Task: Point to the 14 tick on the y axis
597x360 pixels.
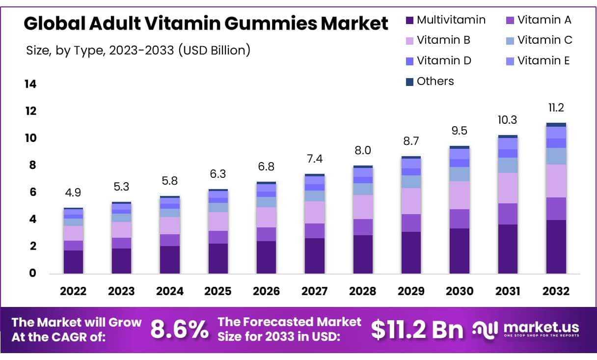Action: [30, 84]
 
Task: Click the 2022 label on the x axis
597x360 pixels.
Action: [73, 291]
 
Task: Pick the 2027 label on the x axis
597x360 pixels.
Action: [314, 291]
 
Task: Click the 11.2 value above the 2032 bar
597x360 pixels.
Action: [556, 108]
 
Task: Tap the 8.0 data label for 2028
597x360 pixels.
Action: [363, 150]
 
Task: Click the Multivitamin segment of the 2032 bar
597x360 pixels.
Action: [556, 247]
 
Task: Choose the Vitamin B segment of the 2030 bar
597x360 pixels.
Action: [459, 195]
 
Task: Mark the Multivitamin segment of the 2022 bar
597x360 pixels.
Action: [73, 262]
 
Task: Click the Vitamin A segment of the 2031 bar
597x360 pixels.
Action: [508, 214]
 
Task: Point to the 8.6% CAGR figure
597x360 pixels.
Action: [179, 330]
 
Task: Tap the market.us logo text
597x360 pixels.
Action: [541, 327]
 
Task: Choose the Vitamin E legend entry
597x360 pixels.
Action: [543, 61]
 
